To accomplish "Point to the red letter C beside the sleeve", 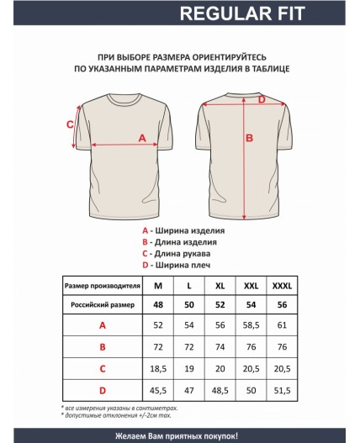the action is point(70,124).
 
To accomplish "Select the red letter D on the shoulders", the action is point(261,100).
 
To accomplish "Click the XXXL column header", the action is point(282,287).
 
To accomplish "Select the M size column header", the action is point(157,287).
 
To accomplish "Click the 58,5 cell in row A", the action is point(251,324).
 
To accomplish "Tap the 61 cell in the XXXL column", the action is point(282,324).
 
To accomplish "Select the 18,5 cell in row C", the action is point(157,368).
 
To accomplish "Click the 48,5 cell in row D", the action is point(220,390).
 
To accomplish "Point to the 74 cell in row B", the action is point(220,346).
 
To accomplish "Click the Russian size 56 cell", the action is point(282,303).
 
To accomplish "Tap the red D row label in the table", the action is point(102,390).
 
